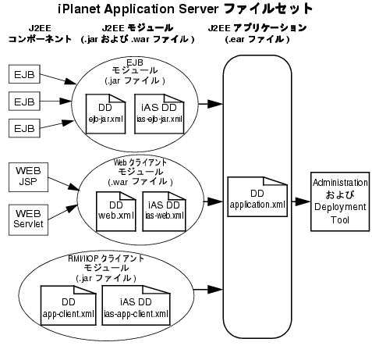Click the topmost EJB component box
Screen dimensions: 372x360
click(x=24, y=74)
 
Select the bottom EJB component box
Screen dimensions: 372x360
click(x=24, y=128)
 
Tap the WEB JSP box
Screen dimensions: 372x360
click(x=28, y=177)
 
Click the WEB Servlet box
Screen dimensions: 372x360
click(x=28, y=220)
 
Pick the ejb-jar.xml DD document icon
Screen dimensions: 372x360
click(x=105, y=114)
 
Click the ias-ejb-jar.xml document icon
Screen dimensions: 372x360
click(x=159, y=114)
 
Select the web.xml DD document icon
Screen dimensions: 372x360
click(x=116, y=212)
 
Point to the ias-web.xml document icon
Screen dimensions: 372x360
click(x=165, y=212)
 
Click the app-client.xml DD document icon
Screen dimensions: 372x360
click(x=69, y=305)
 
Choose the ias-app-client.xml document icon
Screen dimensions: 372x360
click(x=136, y=305)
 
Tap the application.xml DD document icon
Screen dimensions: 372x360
click(x=257, y=197)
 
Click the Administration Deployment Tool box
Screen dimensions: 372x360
click(x=340, y=201)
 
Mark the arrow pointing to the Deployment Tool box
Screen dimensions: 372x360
click(x=301, y=201)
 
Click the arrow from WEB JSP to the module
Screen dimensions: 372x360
click(x=64, y=184)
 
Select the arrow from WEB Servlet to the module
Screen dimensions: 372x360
click(x=62, y=212)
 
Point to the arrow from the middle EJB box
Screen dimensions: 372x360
click(x=55, y=101)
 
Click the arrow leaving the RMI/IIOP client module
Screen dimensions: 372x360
click(x=208, y=289)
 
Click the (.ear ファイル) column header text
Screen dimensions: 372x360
click(x=257, y=39)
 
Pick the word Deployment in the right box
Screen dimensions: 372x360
click(x=340, y=207)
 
